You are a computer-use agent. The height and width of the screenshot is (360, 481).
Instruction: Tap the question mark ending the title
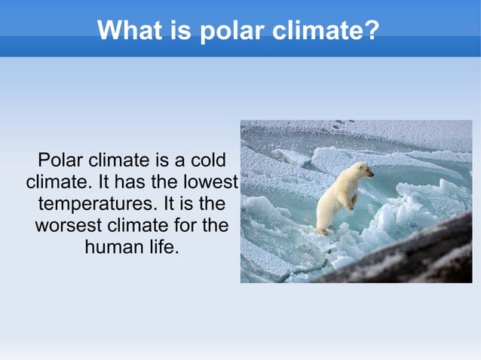[371, 31]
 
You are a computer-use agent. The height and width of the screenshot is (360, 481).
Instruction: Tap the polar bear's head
[363, 171]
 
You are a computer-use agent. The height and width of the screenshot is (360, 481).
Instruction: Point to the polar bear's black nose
[372, 174]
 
